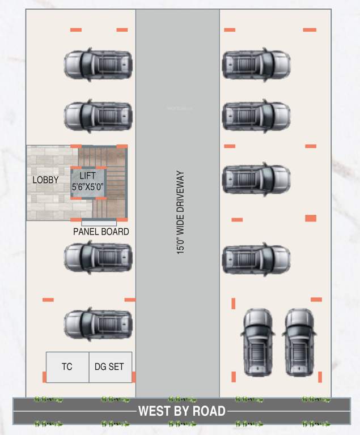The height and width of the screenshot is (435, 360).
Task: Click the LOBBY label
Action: click(x=45, y=180)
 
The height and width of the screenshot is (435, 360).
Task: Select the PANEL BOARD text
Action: click(x=101, y=232)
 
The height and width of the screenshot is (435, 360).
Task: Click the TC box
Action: click(x=67, y=367)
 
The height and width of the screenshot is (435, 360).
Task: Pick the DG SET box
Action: click(x=110, y=367)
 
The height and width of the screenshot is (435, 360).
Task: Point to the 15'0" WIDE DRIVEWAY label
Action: click(x=181, y=212)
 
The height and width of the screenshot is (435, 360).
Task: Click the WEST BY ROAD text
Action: click(x=182, y=411)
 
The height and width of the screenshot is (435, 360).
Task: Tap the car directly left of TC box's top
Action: click(x=98, y=323)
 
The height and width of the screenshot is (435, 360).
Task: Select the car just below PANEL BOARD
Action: click(x=98, y=258)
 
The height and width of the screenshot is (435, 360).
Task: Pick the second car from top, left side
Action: click(x=98, y=116)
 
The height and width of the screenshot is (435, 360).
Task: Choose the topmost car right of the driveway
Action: click(x=256, y=65)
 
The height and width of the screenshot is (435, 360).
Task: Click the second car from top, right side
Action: click(x=256, y=116)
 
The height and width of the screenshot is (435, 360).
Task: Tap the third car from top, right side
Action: click(x=256, y=179)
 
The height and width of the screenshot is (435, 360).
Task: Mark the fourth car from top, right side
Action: click(x=256, y=258)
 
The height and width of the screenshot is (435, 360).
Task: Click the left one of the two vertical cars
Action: click(x=259, y=342)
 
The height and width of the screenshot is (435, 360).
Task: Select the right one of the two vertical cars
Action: click(x=299, y=342)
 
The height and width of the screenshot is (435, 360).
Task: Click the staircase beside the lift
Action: click(x=115, y=181)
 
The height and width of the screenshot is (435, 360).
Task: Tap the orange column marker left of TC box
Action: click(x=44, y=377)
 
